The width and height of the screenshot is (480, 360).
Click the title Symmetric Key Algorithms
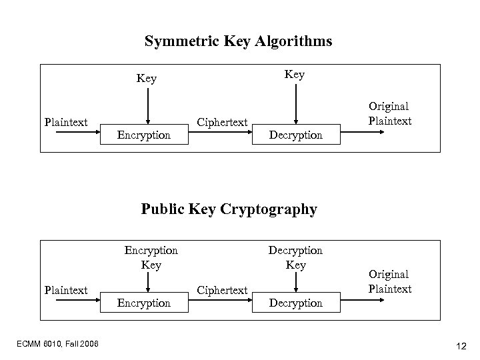point(239,41)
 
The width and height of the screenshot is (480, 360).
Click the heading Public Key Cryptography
point(229,209)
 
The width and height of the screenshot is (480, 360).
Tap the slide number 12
point(461,345)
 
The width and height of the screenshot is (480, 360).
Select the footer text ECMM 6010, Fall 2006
point(59,343)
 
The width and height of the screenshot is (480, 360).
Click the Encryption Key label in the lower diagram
point(151,257)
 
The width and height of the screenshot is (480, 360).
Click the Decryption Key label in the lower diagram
point(295,257)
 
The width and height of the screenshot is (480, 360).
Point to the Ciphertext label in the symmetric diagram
point(223,123)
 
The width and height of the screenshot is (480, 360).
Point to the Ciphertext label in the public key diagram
point(223,291)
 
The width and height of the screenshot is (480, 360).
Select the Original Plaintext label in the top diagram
point(389,113)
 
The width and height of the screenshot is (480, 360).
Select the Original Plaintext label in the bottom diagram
point(389,281)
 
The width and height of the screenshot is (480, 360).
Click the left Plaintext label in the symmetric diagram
point(65,122)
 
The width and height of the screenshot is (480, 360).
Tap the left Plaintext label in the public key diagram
point(65,290)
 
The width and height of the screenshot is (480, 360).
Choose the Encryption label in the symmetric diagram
point(143,135)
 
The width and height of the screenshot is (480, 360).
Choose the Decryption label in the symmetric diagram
point(295,135)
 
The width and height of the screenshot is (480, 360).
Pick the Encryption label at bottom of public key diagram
point(143,303)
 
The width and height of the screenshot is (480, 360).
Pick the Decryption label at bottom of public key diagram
point(295,303)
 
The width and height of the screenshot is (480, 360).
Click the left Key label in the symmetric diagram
point(146,79)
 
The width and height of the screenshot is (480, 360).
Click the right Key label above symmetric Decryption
point(294,74)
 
